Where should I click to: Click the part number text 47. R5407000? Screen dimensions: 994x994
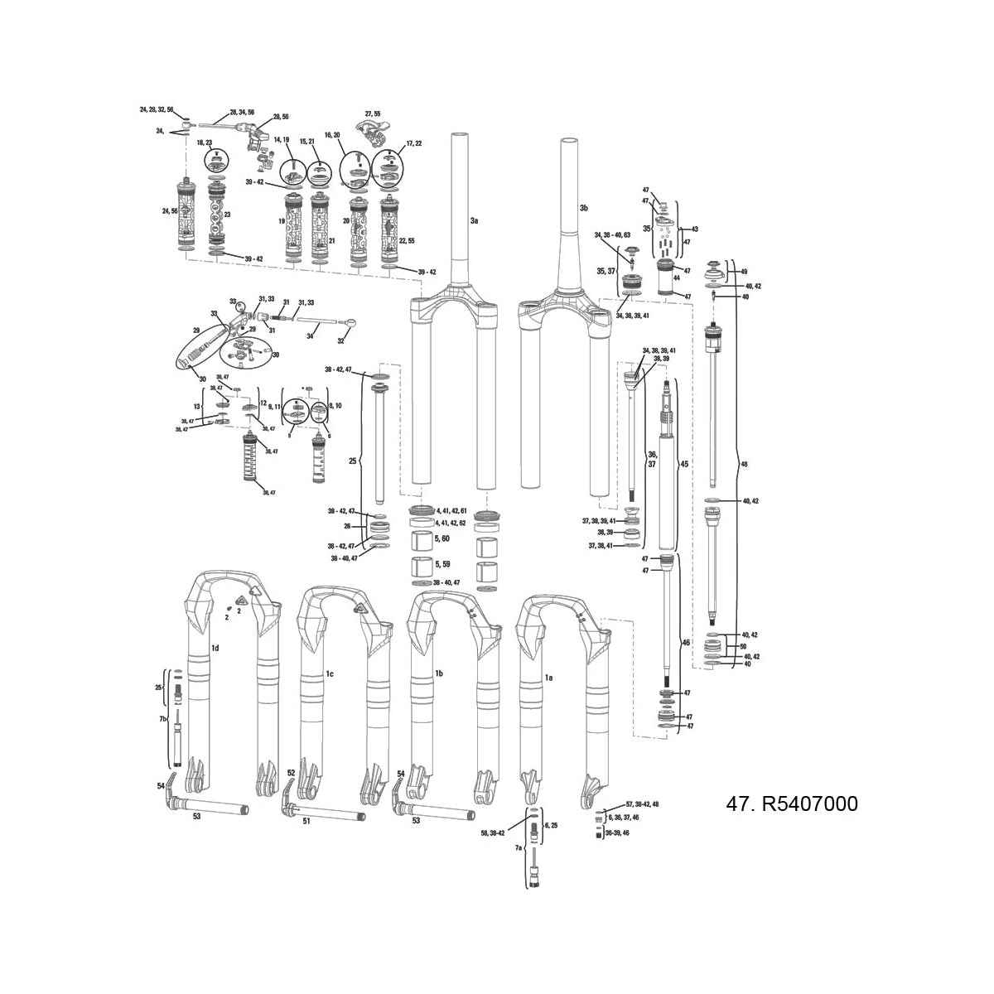791,804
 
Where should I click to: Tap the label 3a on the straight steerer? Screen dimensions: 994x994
474,221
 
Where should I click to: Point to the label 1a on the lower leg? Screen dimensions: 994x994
548,677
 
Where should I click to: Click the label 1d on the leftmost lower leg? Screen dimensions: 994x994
215,647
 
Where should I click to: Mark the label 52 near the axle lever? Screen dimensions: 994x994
291,772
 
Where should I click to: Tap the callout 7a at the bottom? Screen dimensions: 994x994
519,849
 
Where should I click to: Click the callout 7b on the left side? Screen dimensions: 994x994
163,719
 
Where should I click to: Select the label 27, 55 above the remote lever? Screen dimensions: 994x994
372,113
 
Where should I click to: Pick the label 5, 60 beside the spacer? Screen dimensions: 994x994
442,538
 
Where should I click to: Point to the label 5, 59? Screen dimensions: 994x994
442,564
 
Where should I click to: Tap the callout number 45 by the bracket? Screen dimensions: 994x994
683,464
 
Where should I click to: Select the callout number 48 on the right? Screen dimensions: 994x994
744,465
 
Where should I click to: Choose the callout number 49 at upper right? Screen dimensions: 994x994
743,271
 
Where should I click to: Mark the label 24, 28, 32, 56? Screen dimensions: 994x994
157,109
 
